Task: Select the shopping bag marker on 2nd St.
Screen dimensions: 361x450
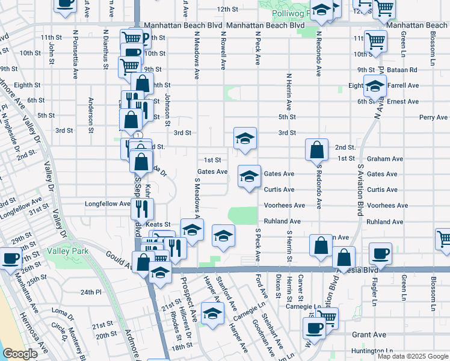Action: tap(316, 149)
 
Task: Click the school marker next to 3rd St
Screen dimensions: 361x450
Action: tap(245, 138)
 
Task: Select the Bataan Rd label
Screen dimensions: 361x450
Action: tap(404, 70)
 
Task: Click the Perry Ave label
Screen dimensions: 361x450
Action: tap(434, 117)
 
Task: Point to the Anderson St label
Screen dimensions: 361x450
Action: tap(91, 114)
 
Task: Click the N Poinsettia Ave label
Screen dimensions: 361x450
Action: tap(76, 55)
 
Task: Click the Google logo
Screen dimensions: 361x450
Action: tap(20, 354)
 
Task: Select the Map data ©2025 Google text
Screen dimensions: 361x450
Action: tap(413, 356)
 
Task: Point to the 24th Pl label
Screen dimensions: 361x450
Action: tap(91, 292)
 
